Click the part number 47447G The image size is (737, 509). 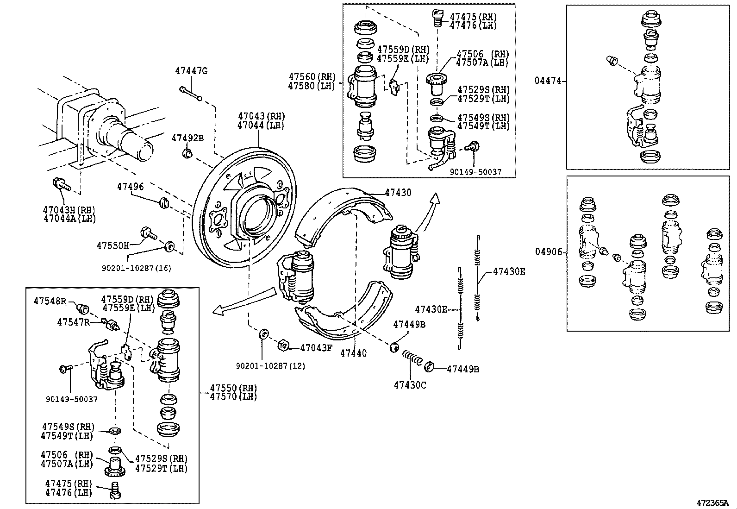[x=191, y=71]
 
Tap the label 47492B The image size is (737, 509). [x=187, y=138]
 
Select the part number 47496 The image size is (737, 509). [x=130, y=187]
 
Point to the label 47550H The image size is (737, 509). [x=112, y=245]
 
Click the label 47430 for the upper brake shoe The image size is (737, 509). [x=398, y=192]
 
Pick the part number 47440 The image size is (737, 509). [x=353, y=353]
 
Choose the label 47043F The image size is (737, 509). [x=316, y=347]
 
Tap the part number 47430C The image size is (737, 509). [x=410, y=385]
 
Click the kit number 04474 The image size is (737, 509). [x=548, y=81]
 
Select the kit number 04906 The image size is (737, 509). [x=549, y=252]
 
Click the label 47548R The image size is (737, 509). [x=50, y=301]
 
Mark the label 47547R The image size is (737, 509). [x=73, y=322]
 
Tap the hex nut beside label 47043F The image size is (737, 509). [x=283, y=345]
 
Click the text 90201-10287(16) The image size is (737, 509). [x=136, y=268]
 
